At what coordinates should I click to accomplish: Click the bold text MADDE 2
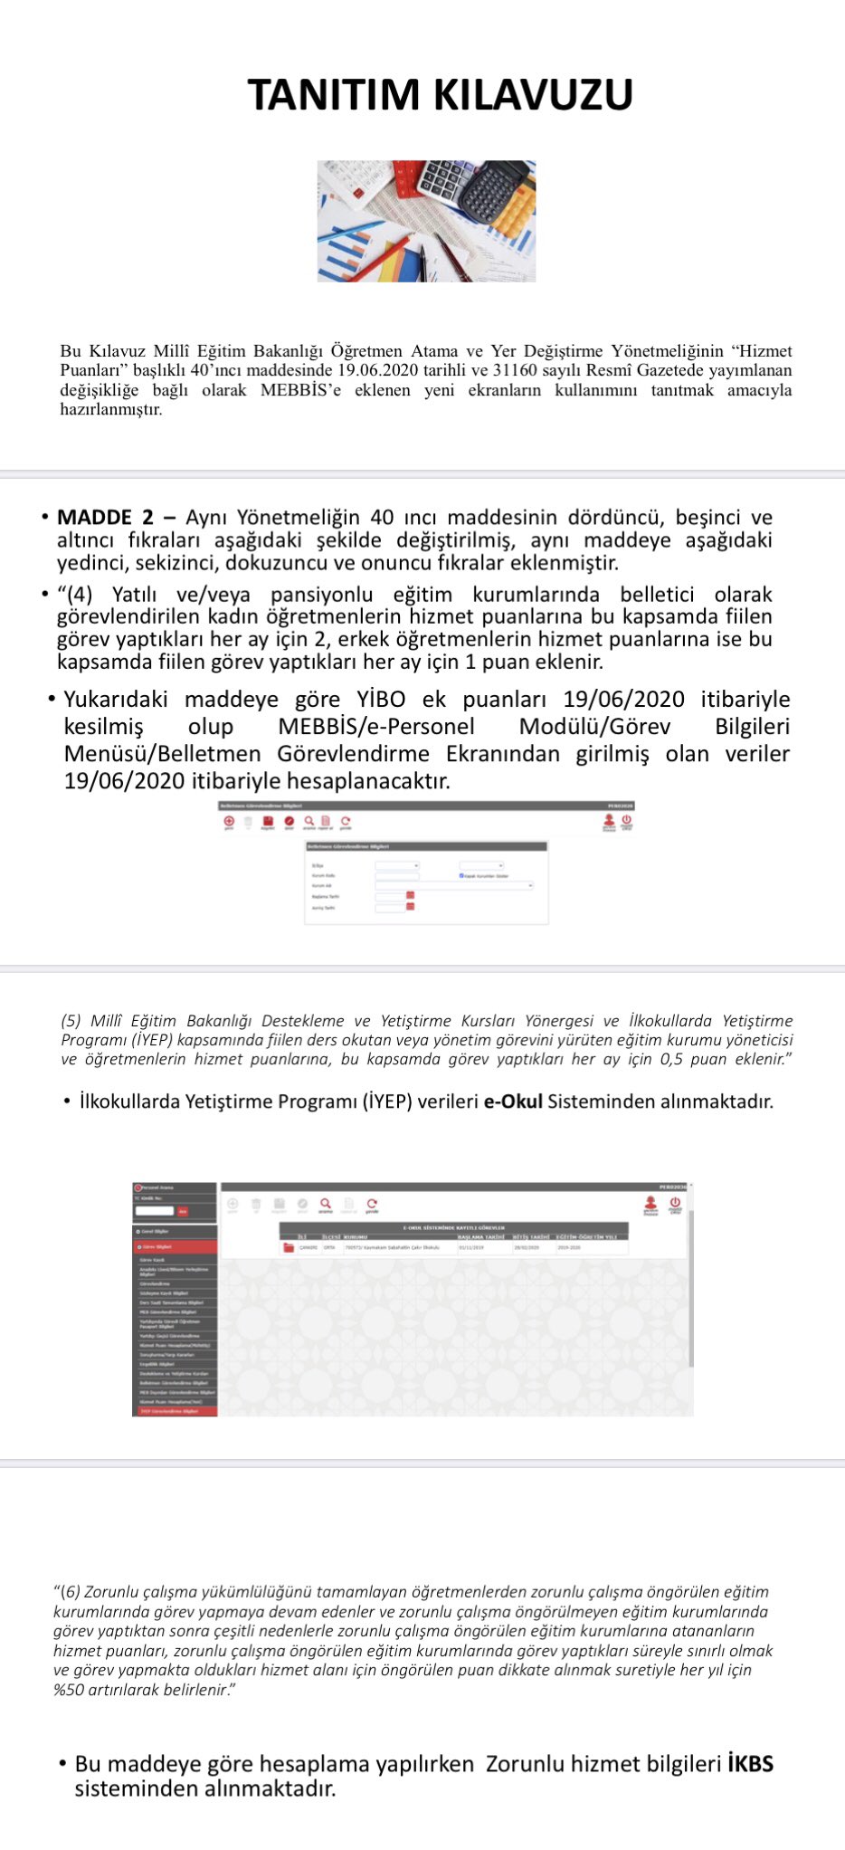click(106, 518)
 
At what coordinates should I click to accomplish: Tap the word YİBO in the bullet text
click(381, 700)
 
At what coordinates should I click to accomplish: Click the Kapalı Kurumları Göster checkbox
click(461, 875)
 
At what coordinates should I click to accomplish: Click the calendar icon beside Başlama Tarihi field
click(410, 895)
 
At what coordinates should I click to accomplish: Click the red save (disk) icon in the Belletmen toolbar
click(269, 821)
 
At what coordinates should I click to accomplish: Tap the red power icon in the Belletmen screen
click(626, 820)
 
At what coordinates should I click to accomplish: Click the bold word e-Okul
click(513, 1101)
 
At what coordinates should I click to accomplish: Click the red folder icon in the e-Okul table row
click(289, 1247)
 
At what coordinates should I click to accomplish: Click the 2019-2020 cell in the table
click(569, 1247)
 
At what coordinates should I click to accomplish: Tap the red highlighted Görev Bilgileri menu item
click(175, 1246)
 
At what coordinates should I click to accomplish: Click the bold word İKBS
click(750, 1763)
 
